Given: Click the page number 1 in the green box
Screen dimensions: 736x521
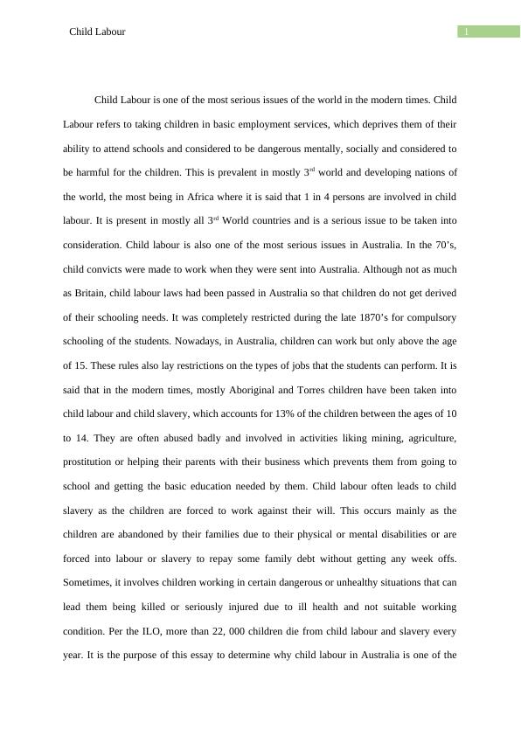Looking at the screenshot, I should pyautogui.click(x=467, y=32).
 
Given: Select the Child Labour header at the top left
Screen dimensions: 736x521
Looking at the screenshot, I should pyautogui.click(x=97, y=31).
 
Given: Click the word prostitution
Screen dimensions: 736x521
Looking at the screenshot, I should pyautogui.click(x=92, y=461).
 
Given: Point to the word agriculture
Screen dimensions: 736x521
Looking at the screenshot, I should pyautogui.click(x=426, y=436).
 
